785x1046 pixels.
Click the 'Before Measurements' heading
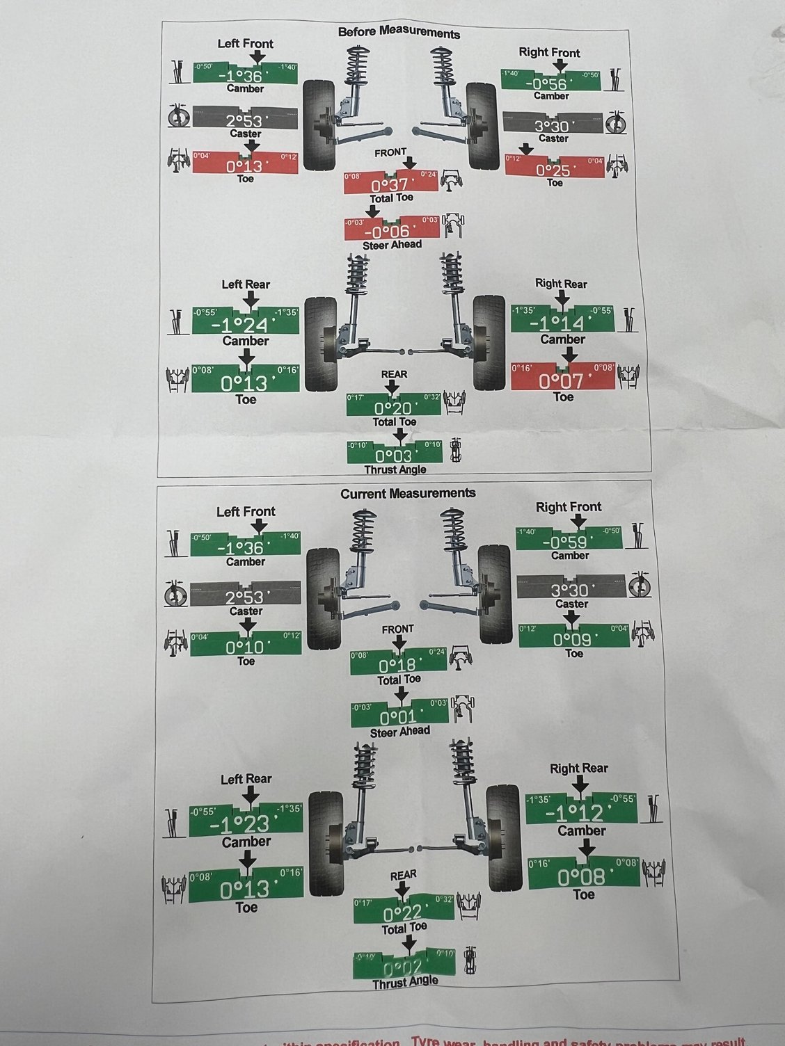pos(399,33)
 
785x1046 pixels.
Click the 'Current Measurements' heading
pos(408,493)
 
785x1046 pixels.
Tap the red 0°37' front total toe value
pos(390,186)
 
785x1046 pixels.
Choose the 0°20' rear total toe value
pos(394,408)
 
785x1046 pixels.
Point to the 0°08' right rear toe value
pos(582,877)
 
